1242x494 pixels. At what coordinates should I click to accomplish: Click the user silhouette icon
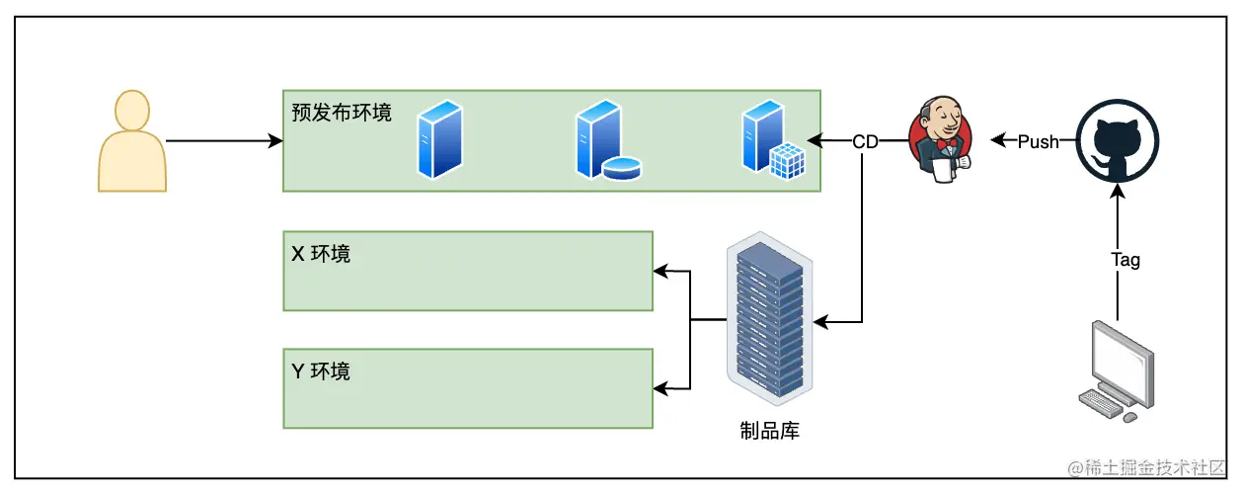click(132, 140)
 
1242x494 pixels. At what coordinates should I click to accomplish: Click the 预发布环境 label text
click(342, 112)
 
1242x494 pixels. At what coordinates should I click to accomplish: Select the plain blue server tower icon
click(439, 140)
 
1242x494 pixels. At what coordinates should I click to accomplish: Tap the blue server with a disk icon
click(604, 140)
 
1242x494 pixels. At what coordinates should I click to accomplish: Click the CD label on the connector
click(866, 141)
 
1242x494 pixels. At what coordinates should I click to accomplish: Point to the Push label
click(1038, 141)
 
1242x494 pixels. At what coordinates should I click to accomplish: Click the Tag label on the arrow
click(1126, 260)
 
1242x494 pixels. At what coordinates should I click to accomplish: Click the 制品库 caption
click(769, 430)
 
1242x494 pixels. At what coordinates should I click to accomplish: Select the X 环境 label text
click(321, 254)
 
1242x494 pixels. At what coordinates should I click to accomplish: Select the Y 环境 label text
click(321, 371)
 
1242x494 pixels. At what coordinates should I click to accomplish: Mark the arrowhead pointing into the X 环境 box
click(660, 270)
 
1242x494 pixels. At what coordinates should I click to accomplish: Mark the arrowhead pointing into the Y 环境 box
click(660, 387)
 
